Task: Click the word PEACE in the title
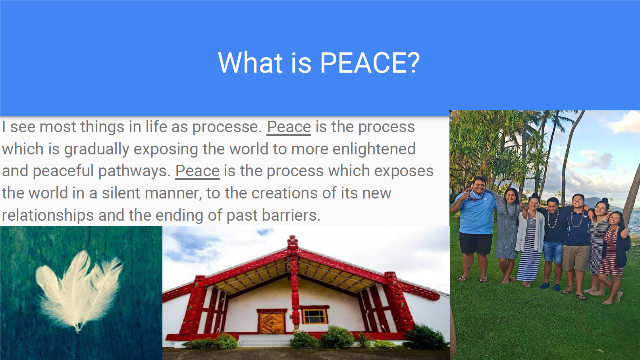coord(362,63)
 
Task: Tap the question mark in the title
coord(413,63)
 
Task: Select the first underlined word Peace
coord(289,127)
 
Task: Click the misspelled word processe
coord(227,127)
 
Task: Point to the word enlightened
coord(374,149)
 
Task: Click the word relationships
coord(48,216)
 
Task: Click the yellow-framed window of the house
coord(314,316)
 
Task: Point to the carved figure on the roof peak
coord(293,243)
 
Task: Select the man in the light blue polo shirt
coord(475,229)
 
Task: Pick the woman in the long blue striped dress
coord(530,240)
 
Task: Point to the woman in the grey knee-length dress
coord(507,234)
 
